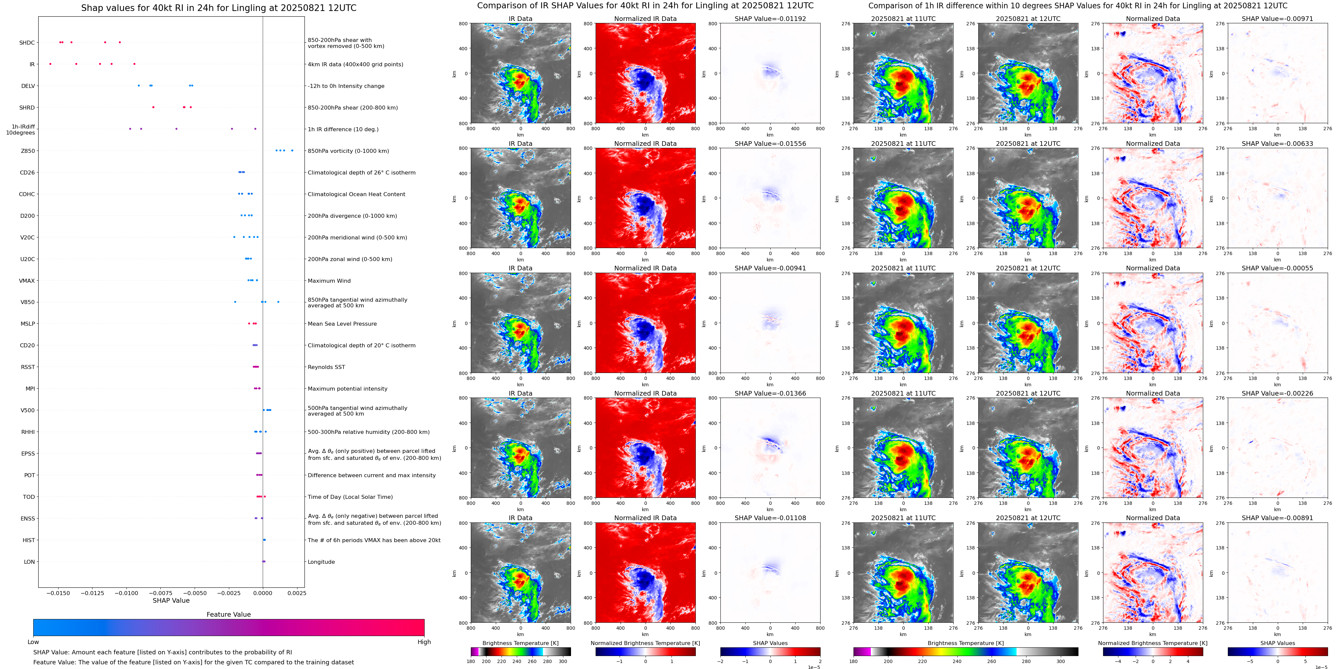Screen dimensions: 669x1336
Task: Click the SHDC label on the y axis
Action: point(27,43)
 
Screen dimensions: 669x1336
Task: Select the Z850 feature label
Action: point(28,151)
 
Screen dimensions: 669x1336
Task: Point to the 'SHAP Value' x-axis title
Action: point(171,600)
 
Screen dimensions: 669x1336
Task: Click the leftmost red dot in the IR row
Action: point(50,64)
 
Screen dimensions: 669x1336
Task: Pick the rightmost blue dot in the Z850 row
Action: point(292,151)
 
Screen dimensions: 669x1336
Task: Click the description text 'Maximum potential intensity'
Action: point(347,389)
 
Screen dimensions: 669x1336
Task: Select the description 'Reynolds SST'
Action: point(326,367)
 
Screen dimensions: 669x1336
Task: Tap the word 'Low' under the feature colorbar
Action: point(33,642)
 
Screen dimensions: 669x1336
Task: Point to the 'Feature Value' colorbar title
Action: point(228,614)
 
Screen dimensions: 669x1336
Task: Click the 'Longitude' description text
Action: point(321,562)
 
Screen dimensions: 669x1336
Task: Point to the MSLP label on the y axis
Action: point(28,324)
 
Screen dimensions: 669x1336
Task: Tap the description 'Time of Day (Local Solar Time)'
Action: point(350,497)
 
